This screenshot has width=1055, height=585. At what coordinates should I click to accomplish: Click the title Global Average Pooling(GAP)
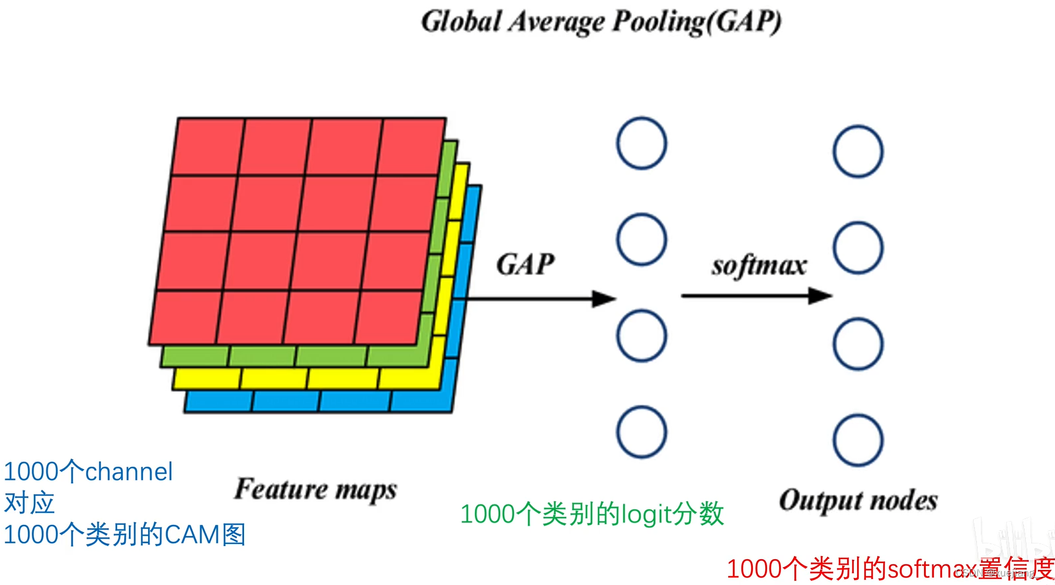tap(601, 21)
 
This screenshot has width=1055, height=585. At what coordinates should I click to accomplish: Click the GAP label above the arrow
tap(525, 264)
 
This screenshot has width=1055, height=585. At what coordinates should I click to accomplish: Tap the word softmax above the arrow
tap(759, 266)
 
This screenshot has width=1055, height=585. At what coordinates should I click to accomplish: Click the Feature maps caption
tap(316, 490)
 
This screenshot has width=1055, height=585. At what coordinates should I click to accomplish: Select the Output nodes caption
tap(858, 500)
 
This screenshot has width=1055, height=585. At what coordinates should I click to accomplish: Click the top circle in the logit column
tap(642, 143)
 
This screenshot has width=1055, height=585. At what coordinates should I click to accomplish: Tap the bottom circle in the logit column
tap(642, 432)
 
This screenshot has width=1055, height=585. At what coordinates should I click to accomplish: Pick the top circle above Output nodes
tap(858, 151)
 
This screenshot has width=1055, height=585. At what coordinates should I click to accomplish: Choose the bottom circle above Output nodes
tap(858, 440)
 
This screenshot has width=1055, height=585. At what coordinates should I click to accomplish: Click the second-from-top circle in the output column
tap(858, 248)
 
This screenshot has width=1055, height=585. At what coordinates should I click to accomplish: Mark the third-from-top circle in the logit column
tap(642, 336)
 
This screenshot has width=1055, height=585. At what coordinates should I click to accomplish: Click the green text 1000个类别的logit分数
tap(592, 514)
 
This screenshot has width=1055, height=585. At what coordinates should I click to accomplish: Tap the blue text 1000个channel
tap(88, 471)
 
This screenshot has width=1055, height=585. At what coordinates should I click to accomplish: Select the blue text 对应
tap(29, 503)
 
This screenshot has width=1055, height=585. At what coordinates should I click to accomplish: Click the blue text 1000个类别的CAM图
tap(124, 534)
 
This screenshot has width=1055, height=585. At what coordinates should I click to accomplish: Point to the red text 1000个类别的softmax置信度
tap(890, 568)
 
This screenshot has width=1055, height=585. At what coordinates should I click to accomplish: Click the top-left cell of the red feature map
tap(208, 147)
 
